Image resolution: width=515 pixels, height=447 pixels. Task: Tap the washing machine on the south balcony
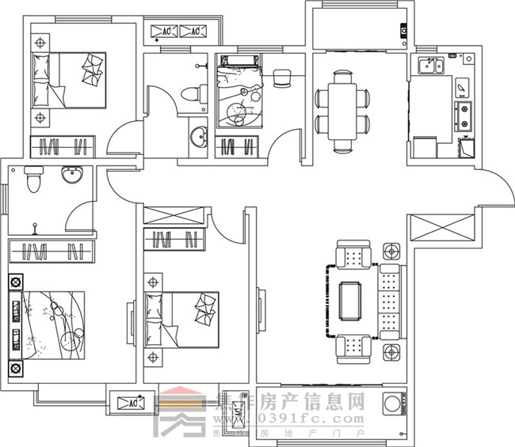tap(391, 405)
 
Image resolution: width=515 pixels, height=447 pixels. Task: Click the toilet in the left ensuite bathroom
tap(32, 181)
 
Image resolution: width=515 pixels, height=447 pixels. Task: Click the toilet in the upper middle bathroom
tap(189, 93)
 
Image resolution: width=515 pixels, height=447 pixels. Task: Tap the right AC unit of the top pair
tap(193, 32)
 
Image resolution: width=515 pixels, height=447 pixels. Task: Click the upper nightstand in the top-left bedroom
tap(40, 40)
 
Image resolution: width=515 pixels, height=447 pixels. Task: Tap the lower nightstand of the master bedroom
tap(15, 369)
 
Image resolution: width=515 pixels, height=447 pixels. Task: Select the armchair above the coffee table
tap(353, 256)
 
